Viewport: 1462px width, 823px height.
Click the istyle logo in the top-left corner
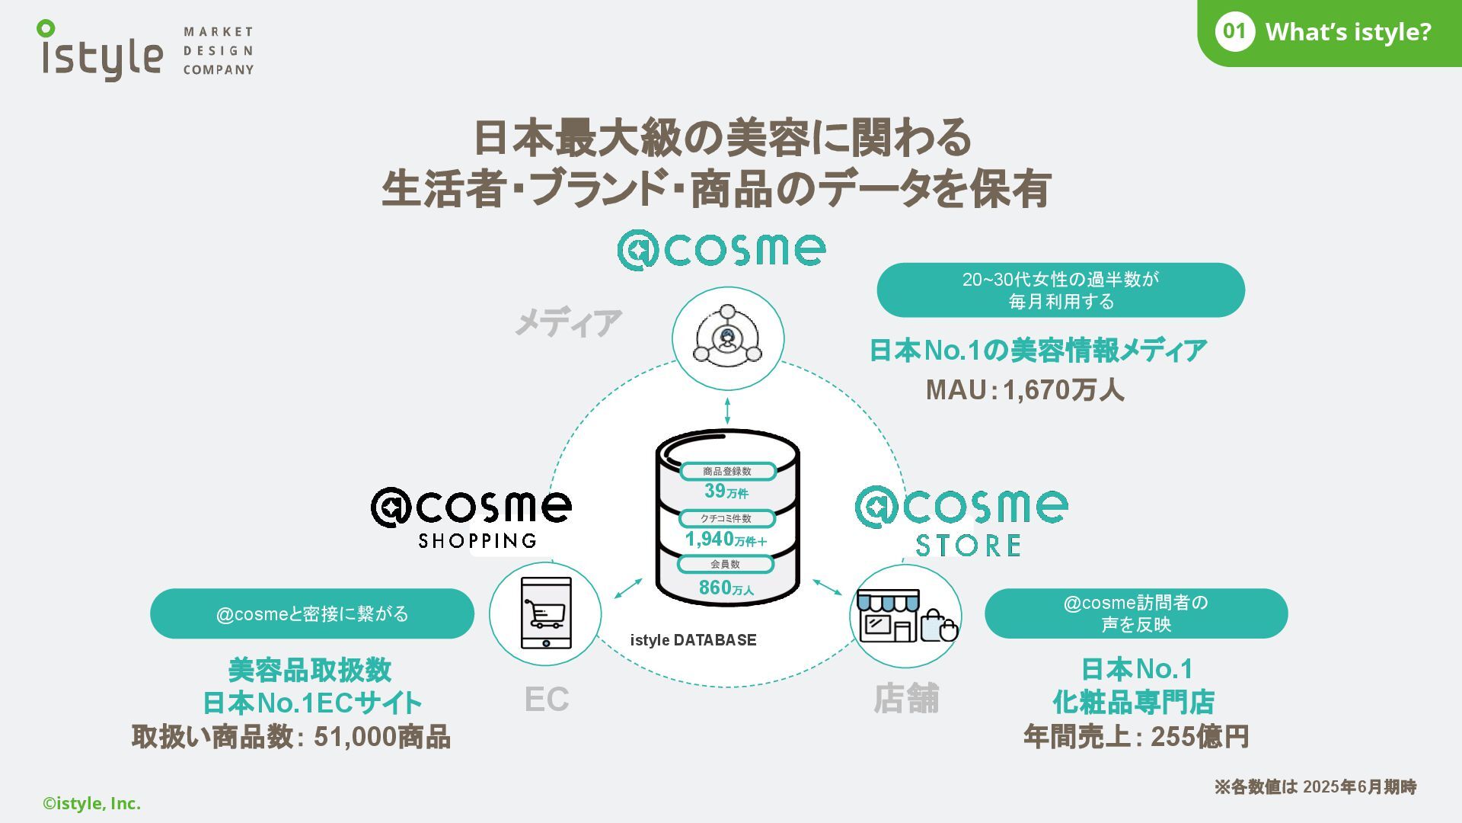(102, 51)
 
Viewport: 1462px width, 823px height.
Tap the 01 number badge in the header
(1234, 32)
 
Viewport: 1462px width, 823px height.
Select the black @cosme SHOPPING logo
(471, 517)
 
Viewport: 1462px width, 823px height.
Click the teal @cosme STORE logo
(962, 521)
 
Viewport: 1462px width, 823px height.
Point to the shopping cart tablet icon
(546, 613)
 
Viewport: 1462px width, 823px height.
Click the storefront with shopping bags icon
(906, 616)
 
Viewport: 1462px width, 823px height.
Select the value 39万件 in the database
(726, 492)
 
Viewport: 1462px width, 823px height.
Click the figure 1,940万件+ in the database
(726, 540)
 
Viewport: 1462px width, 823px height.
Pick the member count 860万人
(726, 588)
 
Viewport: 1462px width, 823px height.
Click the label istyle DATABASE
(693, 640)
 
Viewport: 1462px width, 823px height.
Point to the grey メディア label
(568, 323)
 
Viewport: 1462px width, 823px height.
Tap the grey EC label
(547, 700)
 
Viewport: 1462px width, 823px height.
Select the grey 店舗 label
(906, 699)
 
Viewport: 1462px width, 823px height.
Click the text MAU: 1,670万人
(1024, 390)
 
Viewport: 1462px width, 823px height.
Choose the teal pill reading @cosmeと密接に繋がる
(312, 613)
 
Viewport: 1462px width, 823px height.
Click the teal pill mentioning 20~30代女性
(1061, 290)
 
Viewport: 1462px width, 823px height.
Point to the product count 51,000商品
(381, 737)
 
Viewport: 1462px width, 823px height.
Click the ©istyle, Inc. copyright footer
(92, 803)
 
